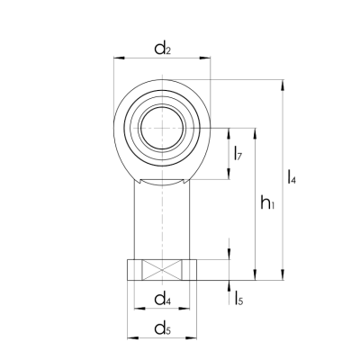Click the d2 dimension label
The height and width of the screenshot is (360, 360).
[x=162, y=49]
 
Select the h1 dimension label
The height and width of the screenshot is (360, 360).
[x=266, y=205]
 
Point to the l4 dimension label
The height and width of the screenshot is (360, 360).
[x=292, y=177]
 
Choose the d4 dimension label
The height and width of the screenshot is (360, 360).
[x=162, y=299]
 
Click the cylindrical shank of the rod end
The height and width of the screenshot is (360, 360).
[x=163, y=220]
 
